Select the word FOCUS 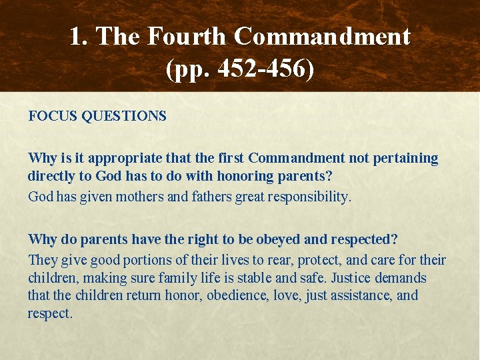[53, 116]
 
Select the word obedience [235, 295]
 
